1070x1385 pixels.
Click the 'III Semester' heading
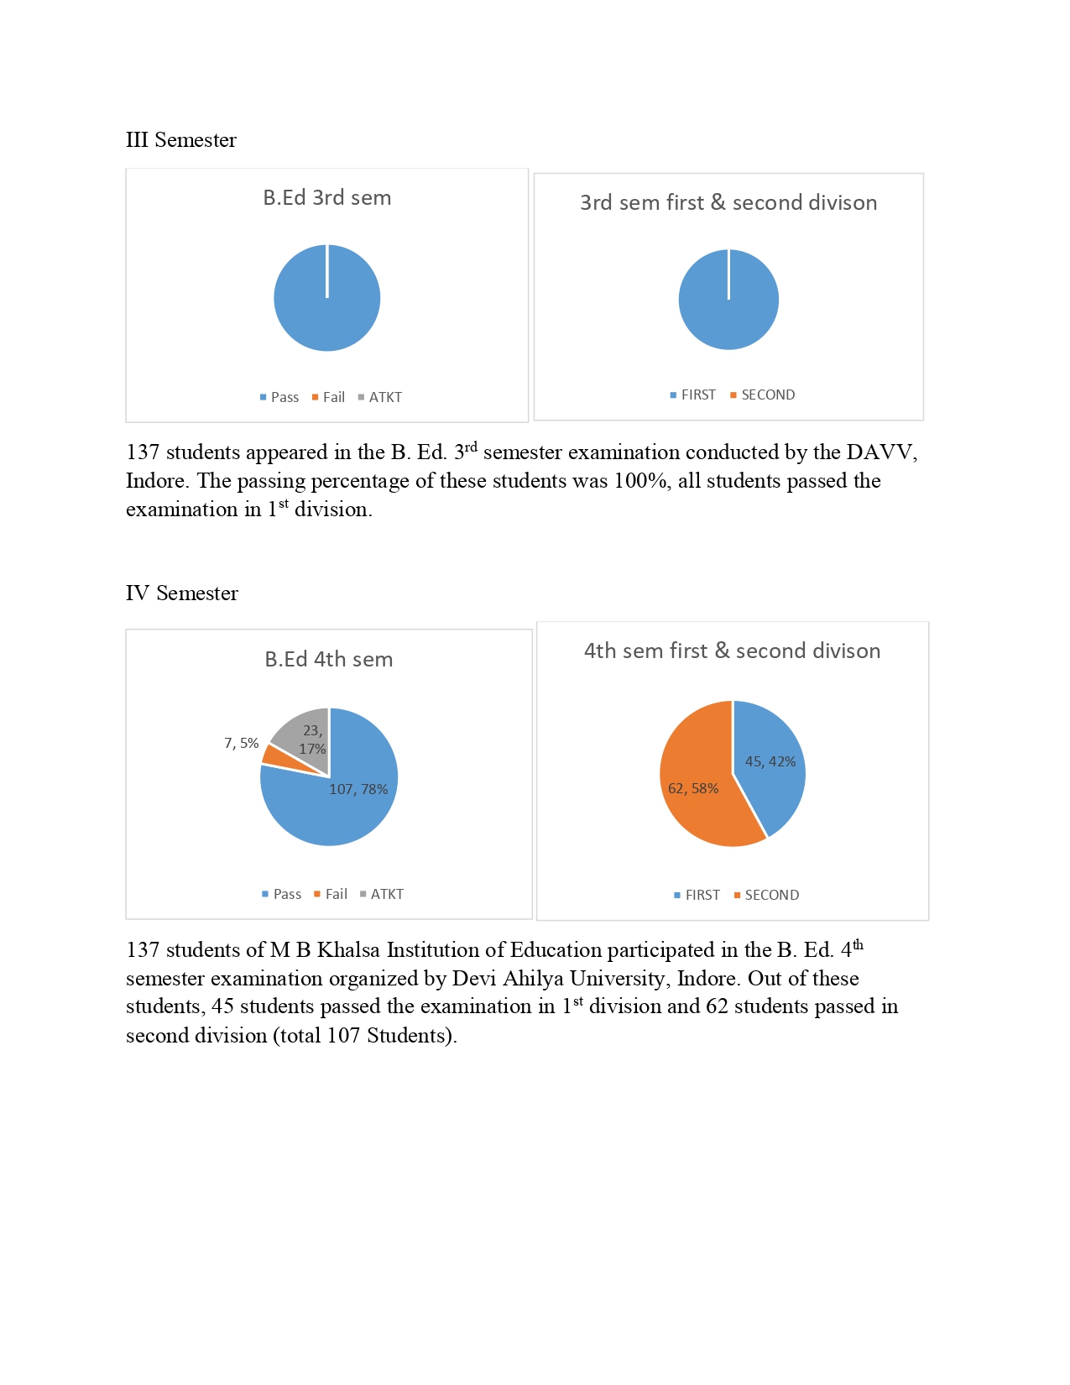pyautogui.click(x=180, y=140)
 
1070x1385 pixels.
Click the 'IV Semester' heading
pyautogui.click(x=181, y=593)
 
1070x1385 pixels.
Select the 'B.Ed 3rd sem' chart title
pyautogui.click(x=326, y=198)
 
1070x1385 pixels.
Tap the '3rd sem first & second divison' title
pyautogui.click(x=728, y=203)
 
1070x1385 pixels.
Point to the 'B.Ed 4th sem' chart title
pyautogui.click(x=328, y=660)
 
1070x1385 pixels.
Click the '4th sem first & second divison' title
pyautogui.click(x=732, y=651)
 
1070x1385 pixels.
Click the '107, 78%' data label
pyautogui.click(x=358, y=790)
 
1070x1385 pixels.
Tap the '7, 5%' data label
pyautogui.click(x=241, y=744)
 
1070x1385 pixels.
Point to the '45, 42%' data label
pyautogui.click(x=770, y=762)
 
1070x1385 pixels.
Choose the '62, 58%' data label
pyautogui.click(x=693, y=789)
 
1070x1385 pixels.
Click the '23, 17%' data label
pyautogui.click(x=312, y=740)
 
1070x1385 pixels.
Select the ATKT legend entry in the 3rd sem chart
pyautogui.click(x=380, y=398)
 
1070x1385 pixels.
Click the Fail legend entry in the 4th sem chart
pyautogui.click(x=331, y=895)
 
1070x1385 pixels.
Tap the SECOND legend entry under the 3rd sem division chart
pyautogui.click(x=763, y=395)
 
